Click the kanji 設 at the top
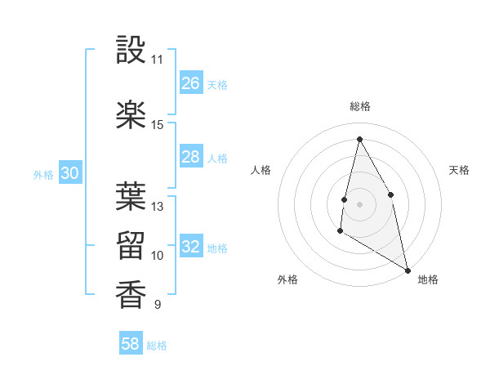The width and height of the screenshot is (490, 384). coord(131,50)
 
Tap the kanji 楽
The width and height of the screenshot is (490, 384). coord(131,115)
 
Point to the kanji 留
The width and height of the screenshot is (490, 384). coord(131,245)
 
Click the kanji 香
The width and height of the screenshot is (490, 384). coord(131,294)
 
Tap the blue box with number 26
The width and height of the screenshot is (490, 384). coord(191,83)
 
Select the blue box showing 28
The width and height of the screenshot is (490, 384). coord(191,157)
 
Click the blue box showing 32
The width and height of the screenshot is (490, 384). coord(191,247)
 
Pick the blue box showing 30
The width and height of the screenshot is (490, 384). coord(69,173)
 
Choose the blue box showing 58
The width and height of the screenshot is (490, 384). coord(131,344)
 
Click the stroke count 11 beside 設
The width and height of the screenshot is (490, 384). coord(158,60)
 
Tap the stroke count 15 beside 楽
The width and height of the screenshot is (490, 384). coord(158,125)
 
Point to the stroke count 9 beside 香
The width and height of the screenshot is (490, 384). coord(158,305)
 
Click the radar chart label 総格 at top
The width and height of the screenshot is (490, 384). coord(360,106)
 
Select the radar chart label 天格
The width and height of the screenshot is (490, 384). coord(459,170)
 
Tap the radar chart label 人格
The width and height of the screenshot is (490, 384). coord(261,170)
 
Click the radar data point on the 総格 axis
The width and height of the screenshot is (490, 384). coord(359,139)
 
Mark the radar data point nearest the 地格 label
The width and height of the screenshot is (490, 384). coord(408,270)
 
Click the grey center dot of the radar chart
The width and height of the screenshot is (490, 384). coord(359,203)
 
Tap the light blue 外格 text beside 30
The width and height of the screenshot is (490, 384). coord(43,174)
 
